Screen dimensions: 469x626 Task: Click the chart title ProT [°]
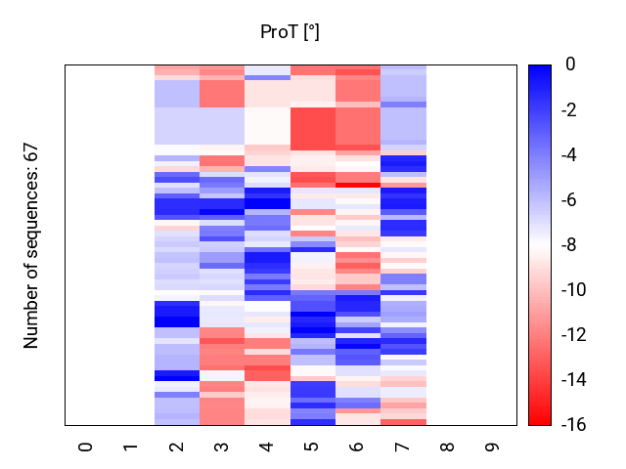(x=290, y=32)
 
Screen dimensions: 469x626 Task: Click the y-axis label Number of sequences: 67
(x=31, y=245)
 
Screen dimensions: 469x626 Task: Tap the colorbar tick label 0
(x=569, y=65)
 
